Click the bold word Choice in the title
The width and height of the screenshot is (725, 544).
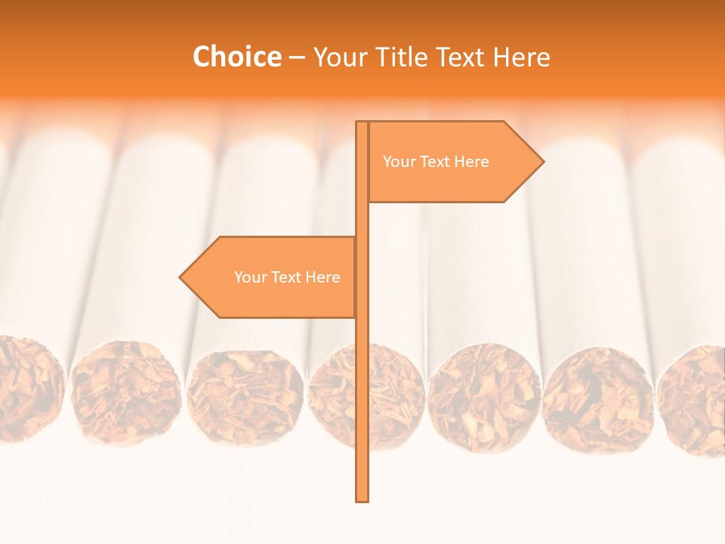(236, 57)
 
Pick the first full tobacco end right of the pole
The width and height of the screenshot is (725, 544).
(483, 397)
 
